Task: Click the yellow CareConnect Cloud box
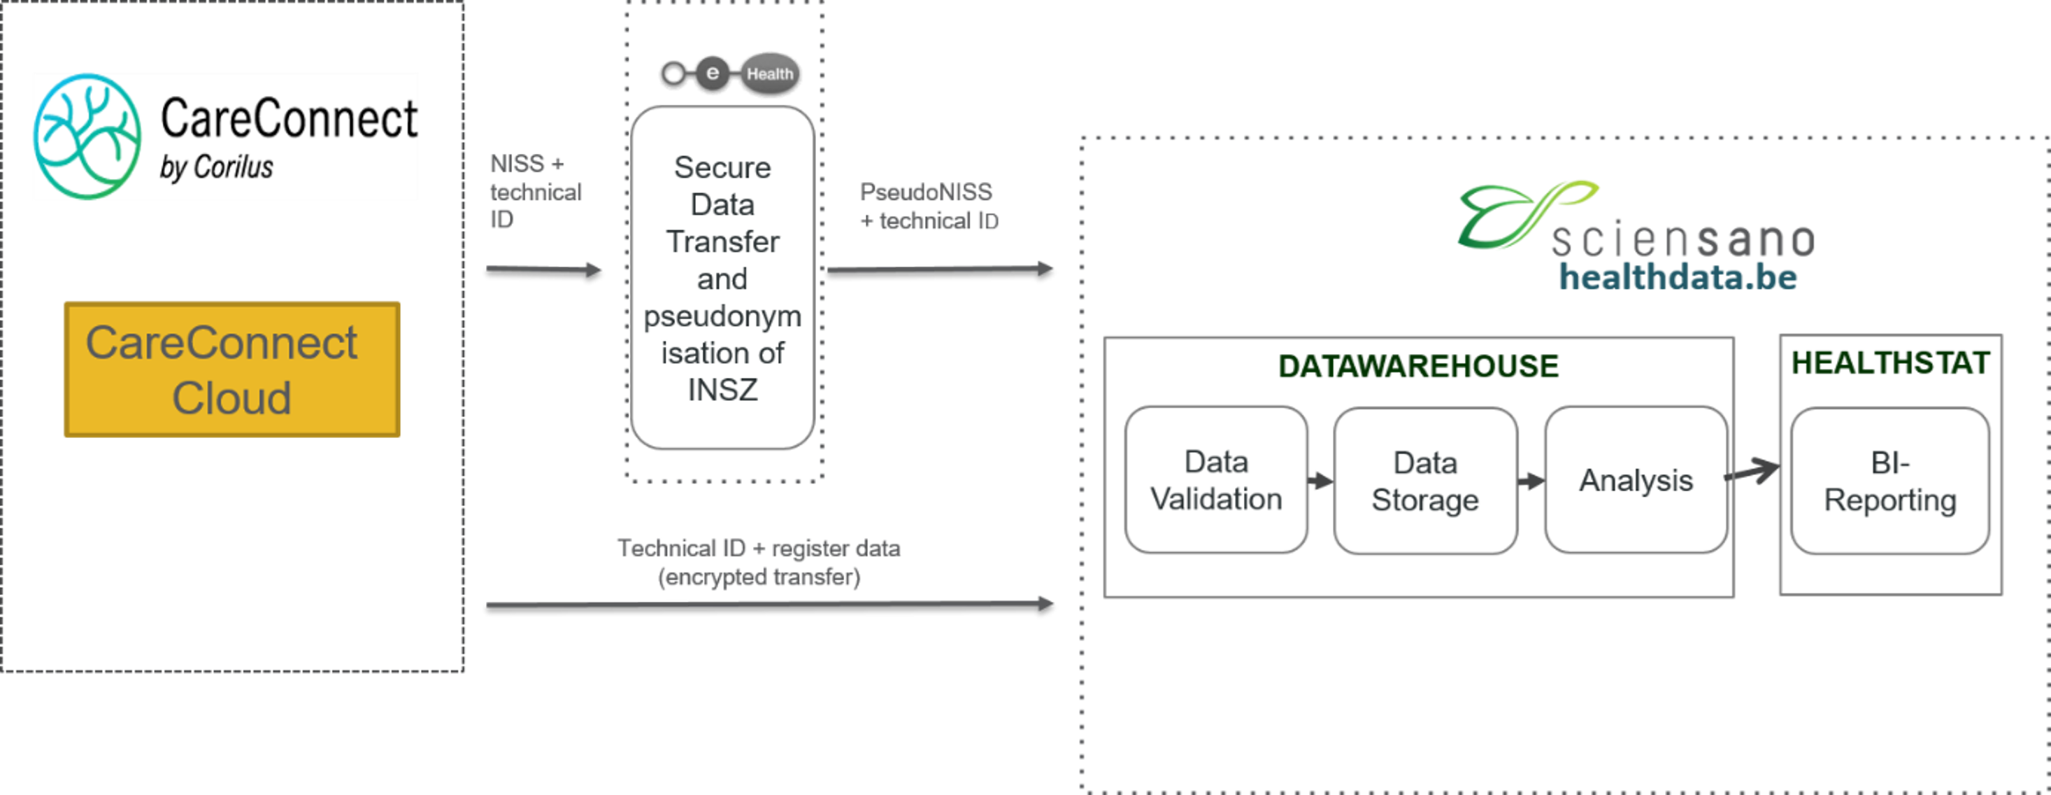tap(231, 369)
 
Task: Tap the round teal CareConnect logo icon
tap(87, 136)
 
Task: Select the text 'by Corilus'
tap(216, 167)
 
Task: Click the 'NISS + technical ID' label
tap(534, 191)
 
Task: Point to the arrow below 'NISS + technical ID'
tap(544, 269)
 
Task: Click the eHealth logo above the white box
tap(729, 75)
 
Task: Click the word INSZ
tap(722, 391)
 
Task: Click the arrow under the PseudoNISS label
tap(941, 269)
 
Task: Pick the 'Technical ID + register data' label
tap(759, 548)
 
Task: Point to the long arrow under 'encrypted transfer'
tap(770, 604)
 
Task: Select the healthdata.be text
tap(1678, 277)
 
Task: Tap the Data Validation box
tap(1216, 480)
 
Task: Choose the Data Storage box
tap(1425, 481)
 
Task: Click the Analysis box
tap(1636, 480)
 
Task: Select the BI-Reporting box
tap(1889, 481)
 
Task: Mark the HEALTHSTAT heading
tap(1889, 363)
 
